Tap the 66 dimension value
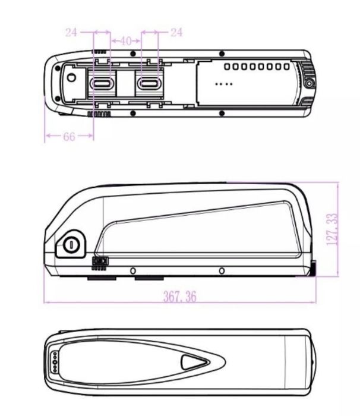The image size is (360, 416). pos(69,137)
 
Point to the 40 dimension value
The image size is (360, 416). pos(125,41)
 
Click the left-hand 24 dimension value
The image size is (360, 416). pos(71,33)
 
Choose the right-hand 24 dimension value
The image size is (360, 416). pos(176,33)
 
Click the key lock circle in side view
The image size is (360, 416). pos(71,242)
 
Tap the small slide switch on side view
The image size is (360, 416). pos(100,260)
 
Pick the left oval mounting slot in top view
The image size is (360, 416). pos(101,83)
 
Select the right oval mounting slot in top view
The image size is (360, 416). pos(149,83)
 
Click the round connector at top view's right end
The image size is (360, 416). pos(310,84)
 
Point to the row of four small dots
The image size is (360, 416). pos(223,84)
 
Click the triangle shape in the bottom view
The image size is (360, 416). pos(192,361)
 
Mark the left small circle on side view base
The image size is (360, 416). pos(133,271)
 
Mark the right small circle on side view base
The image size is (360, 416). pos(222,271)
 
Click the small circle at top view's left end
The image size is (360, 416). pos(71,77)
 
